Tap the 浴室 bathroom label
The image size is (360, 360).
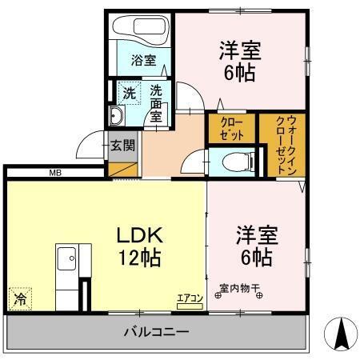[144, 58]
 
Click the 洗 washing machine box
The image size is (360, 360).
[129, 92]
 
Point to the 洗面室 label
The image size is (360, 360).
[157, 102]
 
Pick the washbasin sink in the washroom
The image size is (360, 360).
[115, 118]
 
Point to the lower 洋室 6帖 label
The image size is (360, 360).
[255, 246]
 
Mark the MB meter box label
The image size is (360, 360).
[55, 172]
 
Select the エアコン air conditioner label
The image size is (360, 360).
[191, 298]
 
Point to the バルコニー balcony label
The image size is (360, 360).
[156, 330]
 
